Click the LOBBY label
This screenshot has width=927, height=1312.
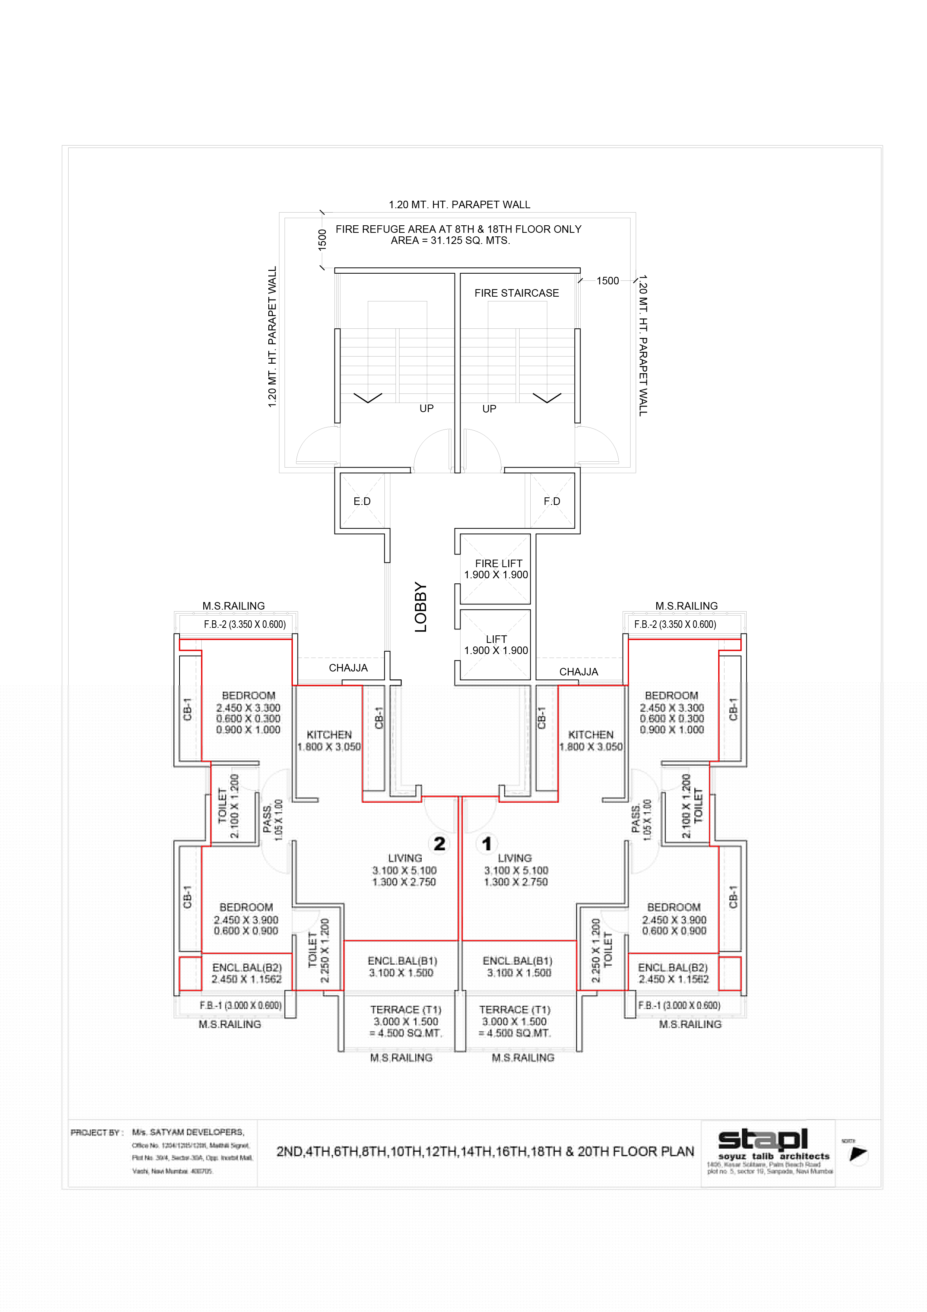pyautogui.click(x=421, y=607)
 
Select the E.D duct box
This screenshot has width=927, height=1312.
pyautogui.click(x=362, y=501)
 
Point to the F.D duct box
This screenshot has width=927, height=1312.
pyautogui.click(x=552, y=501)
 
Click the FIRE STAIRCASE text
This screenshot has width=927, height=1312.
pyautogui.click(x=516, y=293)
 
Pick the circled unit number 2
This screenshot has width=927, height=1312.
pyautogui.click(x=439, y=844)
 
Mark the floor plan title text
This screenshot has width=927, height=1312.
pyautogui.click(x=485, y=1151)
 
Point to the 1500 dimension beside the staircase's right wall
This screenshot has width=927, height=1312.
pyautogui.click(x=607, y=280)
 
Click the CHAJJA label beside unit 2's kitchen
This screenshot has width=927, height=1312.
pyautogui.click(x=348, y=668)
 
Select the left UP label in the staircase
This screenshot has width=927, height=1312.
pyautogui.click(x=426, y=409)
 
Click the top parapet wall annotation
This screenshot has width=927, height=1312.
pyautogui.click(x=459, y=205)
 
